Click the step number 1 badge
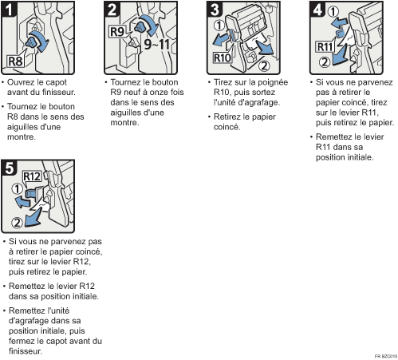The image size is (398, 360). tap(9, 9)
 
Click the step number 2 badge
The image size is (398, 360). tap(112, 9)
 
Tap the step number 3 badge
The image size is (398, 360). tap(215, 9)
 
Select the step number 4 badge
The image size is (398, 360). tap(317, 9)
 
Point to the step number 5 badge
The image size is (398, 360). tap(9, 168)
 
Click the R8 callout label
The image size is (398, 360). tap(15, 61)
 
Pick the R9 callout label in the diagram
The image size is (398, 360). tap(117, 32)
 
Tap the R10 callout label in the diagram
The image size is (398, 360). tap(223, 57)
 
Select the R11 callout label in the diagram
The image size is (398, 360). tap(325, 47)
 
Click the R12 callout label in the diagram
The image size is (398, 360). tap(32, 176)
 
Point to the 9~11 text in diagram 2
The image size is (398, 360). tap(157, 44)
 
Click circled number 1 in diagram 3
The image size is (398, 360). tap(219, 26)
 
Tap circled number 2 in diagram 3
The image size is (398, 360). tap(264, 65)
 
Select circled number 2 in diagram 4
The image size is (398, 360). tap(325, 62)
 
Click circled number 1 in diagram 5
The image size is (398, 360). tap(18, 189)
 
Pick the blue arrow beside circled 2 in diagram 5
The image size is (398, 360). tap(33, 218)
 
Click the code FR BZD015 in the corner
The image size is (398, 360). tap(386, 356)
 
